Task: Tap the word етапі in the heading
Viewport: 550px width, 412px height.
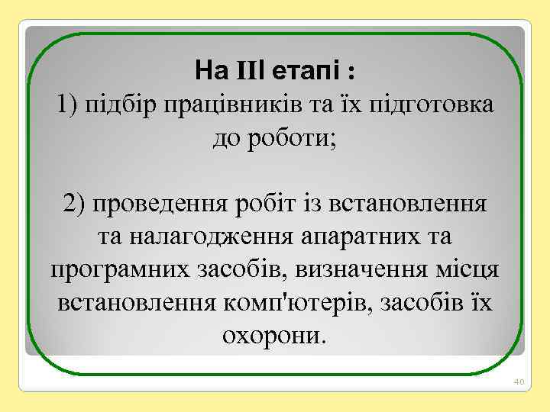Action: pyautogui.click(x=299, y=72)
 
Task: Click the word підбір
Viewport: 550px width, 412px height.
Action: pyautogui.click(x=121, y=105)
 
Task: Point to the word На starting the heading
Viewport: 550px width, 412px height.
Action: pyautogui.click(x=208, y=72)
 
